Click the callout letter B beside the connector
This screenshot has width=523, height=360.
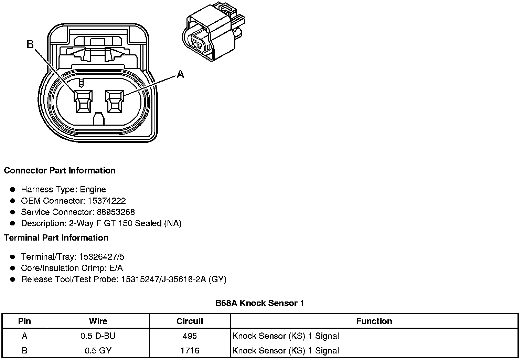point(30,44)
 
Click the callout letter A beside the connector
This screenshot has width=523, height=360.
point(180,74)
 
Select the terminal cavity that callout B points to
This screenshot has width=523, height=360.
point(83,102)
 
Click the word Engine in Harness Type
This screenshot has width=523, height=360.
point(93,189)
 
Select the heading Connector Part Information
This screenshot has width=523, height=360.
point(60,171)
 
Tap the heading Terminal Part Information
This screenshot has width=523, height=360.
point(56,238)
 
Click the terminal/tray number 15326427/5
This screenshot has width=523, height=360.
point(102,257)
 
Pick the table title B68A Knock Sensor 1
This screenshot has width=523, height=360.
point(260,303)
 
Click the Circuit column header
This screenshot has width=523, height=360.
point(190,321)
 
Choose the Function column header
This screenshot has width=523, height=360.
point(374,321)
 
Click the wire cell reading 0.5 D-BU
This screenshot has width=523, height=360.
point(98,336)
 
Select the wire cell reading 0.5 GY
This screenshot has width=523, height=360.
point(98,351)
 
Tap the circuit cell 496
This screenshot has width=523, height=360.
point(190,336)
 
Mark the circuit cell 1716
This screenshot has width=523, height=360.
point(190,351)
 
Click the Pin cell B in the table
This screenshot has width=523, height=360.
point(24,351)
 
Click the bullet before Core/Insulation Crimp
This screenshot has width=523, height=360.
point(13,268)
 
